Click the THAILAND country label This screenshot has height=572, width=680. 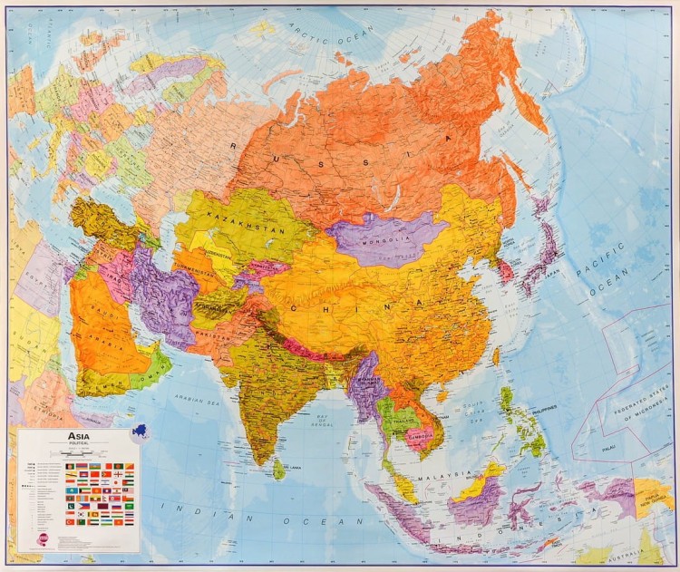click(x=400, y=422)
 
